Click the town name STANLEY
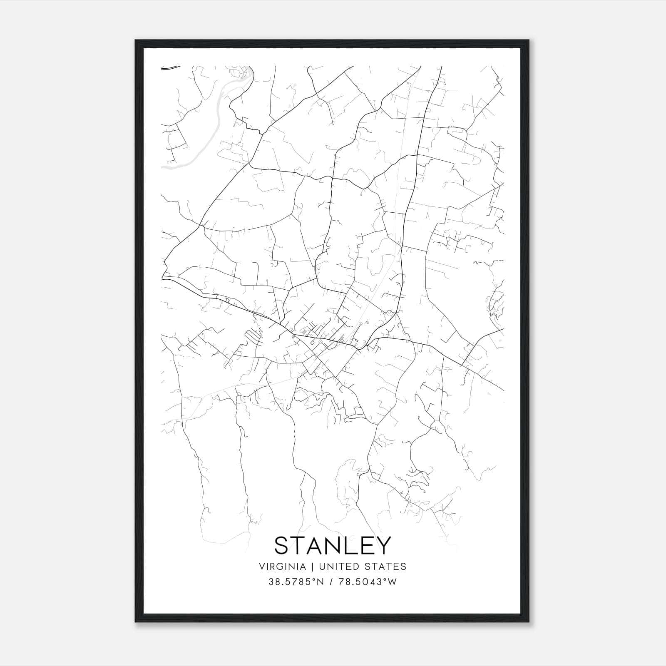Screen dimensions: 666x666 click(x=333, y=545)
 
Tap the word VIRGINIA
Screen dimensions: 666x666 click(x=283, y=567)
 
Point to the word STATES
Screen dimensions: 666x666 click(x=386, y=567)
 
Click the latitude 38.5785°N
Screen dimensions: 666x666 click(x=296, y=582)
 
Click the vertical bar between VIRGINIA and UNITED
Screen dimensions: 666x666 click(x=309, y=567)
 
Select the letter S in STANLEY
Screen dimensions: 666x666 click(x=282, y=545)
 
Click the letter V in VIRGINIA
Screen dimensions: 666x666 click(x=262, y=567)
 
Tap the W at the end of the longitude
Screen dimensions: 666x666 click(x=393, y=582)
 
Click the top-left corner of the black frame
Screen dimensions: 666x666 click(x=136, y=40)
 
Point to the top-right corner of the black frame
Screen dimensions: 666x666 click(x=529, y=40)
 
